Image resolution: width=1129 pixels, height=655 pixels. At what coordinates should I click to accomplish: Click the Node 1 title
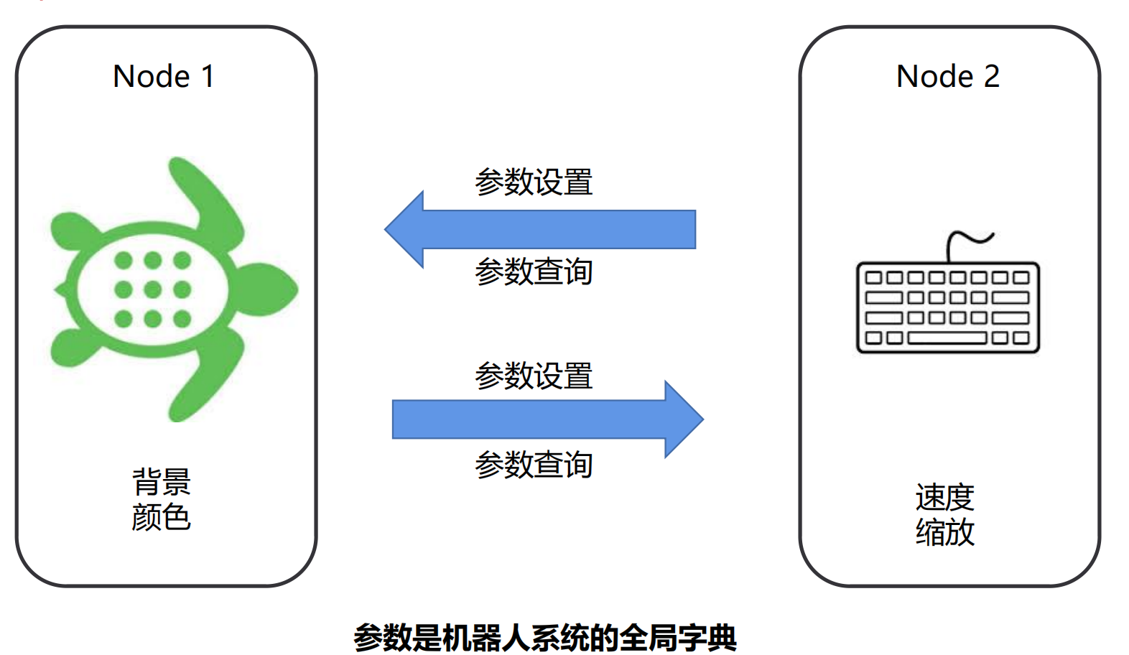click(x=164, y=76)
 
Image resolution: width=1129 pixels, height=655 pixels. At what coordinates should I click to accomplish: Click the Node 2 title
click(x=947, y=76)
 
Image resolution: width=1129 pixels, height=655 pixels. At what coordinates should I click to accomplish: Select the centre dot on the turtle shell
click(x=152, y=289)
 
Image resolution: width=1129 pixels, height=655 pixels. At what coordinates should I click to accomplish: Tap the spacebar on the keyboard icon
click(x=947, y=338)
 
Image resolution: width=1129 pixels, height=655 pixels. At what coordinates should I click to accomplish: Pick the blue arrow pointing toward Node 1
click(x=546, y=230)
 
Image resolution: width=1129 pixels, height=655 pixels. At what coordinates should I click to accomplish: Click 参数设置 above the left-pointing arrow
click(x=534, y=182)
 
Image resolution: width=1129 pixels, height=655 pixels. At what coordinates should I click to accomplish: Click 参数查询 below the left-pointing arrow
click(x=534, y=271)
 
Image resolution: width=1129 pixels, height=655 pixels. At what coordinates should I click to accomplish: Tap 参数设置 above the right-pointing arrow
click(x=534, y=376)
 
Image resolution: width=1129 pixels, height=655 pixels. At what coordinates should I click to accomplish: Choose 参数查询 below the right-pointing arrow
click(x=534, y=465)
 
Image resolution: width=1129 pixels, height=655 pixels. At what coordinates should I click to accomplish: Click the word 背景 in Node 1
click(x=162, y=482)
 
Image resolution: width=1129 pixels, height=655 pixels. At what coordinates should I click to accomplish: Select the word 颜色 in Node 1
click(x=162, y=517)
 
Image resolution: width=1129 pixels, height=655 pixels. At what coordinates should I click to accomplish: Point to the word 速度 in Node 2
click(x=945, y=497)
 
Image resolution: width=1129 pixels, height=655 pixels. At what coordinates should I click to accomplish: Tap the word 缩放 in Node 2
click(x=945, y=532)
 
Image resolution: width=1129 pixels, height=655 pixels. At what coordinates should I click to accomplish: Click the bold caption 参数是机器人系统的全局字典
click(x=545, y=637)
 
